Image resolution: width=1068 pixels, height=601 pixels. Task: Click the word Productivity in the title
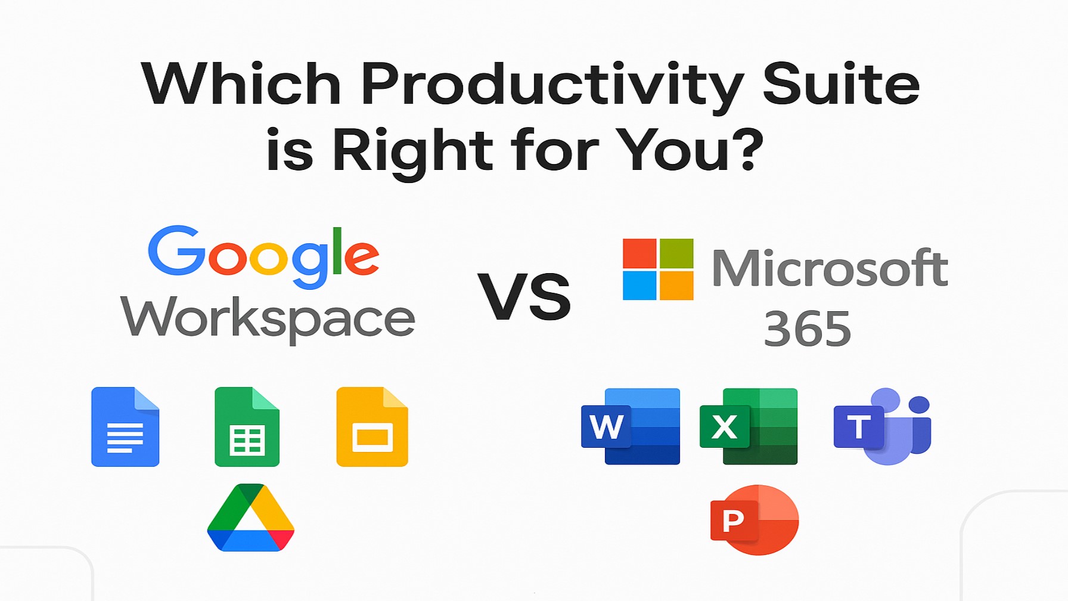[x=552, y=85]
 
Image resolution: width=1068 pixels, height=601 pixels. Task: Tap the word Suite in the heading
[x=841, y=84]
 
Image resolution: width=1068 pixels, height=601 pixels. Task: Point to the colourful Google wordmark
[x=263, y=255]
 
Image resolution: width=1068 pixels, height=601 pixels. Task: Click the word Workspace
[x=268, y=318]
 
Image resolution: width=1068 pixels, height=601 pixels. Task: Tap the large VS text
[x=524, y=297]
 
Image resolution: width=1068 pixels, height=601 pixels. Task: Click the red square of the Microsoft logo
[x=639, y=253]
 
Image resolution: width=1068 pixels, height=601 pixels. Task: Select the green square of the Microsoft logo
[x=676, y=253]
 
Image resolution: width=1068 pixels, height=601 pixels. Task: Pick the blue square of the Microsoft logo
[x=639, y=286]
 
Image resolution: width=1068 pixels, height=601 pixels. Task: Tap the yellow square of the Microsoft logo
[x=676, y=286]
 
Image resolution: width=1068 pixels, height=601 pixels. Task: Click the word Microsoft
[x=830, y=268]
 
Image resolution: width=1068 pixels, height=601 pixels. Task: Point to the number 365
[x=808, y=329]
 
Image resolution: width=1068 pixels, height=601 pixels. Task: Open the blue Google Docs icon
[x=125, y=427]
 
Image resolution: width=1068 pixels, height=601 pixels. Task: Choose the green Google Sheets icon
[x=247, y=427]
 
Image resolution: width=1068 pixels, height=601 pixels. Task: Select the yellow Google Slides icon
[x=372, y=427]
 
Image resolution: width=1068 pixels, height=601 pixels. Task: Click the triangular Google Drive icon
[x=251, y=518]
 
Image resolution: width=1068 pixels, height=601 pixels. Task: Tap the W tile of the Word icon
[x=606, y=426]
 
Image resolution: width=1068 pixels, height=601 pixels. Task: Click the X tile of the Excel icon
[x=725, y=426]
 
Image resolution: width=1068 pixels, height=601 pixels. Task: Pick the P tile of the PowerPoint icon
[x=732, y=521]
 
